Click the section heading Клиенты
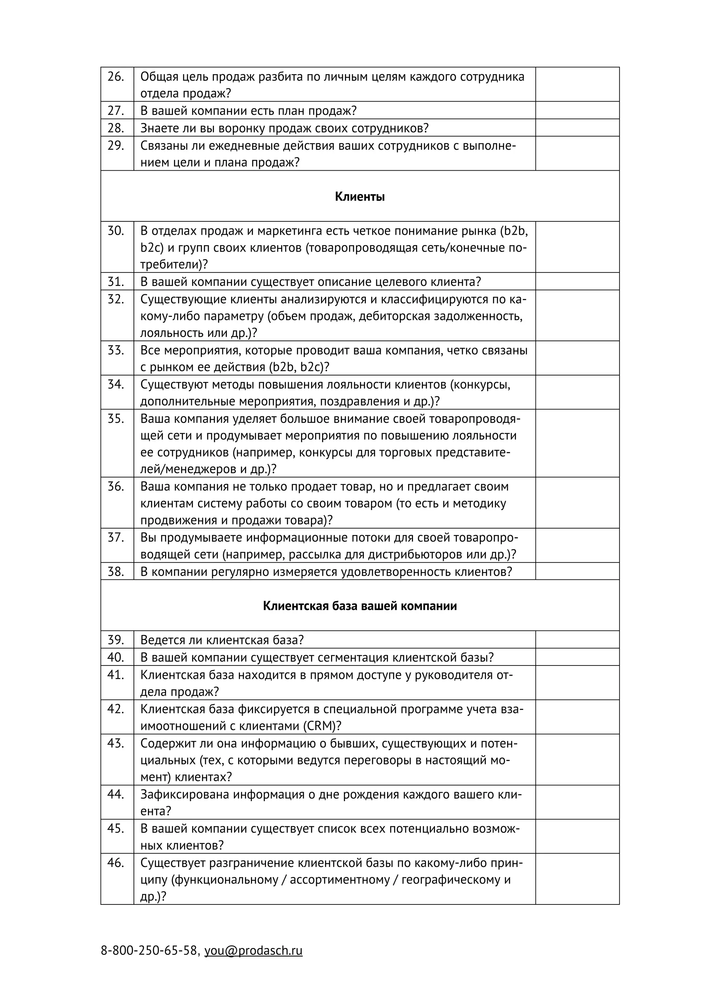click(x=360, y=197)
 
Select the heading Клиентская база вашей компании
click(x=360, y=606)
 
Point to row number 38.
click(x=116, y=571)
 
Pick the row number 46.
click(x=116, y=863)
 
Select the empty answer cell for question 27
click(x=577, y=111)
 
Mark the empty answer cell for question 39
click(x=577, y=639)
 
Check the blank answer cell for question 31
click(x=577, y=281)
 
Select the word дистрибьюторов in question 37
click(x=413, y=555)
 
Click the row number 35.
click(x=116, y=419)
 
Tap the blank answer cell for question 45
click(x=577, y=836)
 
